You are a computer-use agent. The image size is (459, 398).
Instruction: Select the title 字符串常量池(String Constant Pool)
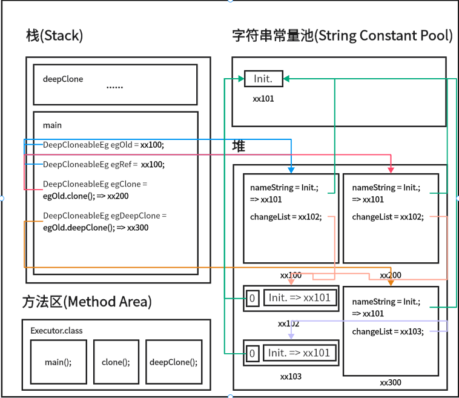coord(342,36)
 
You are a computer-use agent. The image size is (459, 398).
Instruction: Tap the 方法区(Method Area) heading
coord(87,301)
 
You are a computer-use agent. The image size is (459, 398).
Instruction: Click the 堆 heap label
coord(239,147)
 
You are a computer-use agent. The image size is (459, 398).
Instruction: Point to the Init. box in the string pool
coord(263,79)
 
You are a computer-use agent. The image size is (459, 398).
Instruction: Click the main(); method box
coord(58,362)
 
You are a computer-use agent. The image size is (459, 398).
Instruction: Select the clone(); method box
coord(116,362)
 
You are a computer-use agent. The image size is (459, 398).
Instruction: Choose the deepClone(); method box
coord(173,362)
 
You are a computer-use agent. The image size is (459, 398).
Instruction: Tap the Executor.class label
coord(56,331)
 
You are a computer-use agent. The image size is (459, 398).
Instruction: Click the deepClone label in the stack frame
coord(63,79)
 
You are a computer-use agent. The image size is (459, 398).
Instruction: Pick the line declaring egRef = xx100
coord(104,164)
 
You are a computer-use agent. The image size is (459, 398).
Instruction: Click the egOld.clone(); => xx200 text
coord(86,196)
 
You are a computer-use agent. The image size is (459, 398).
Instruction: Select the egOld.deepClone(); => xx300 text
coord(96,228)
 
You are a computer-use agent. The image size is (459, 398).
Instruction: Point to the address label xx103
coord(291,376)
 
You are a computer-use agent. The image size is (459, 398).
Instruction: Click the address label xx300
coord(391,382)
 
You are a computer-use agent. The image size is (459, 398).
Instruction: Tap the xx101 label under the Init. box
coord(263,98)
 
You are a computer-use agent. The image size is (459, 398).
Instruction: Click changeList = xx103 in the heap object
coord(388,331)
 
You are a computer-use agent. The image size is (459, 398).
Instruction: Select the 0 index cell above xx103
coord(253,353)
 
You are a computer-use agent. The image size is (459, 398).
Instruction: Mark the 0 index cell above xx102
coord(253,298)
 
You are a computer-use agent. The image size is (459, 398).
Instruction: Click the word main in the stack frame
coord(52,125)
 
